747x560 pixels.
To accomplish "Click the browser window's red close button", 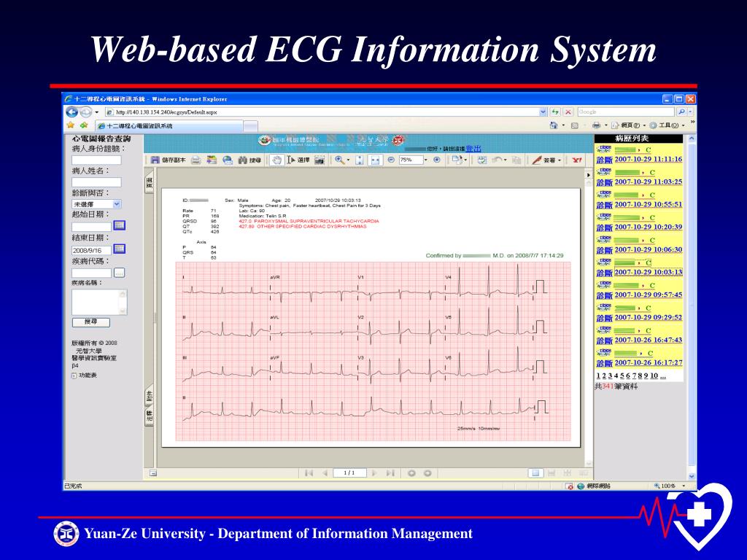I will click(x=690, y=99).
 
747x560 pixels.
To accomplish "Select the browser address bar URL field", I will click(x=321, y=112).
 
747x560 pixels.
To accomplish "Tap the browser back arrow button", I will click(x=71, y=112).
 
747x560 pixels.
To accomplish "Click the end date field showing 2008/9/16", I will click(x=91, y=249).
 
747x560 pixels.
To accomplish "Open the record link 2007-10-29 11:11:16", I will click(x=648, y=159).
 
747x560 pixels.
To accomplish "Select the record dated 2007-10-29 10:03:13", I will click(x=648, y=272).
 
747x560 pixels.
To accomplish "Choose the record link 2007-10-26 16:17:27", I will click(x=648, y=362).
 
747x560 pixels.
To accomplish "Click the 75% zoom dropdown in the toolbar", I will click(x=413, y=160).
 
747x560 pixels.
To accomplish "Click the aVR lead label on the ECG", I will click(x=275, y=278).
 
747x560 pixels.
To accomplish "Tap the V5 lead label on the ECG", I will click(x=449, y=318).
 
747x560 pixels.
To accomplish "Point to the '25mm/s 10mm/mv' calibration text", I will click(x=479, y=429).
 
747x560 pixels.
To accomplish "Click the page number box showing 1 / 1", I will click(x=349, y=472).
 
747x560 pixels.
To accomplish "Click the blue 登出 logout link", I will click(x=473, y=149).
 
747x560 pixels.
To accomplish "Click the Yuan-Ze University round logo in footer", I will click(x=66, y=534).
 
